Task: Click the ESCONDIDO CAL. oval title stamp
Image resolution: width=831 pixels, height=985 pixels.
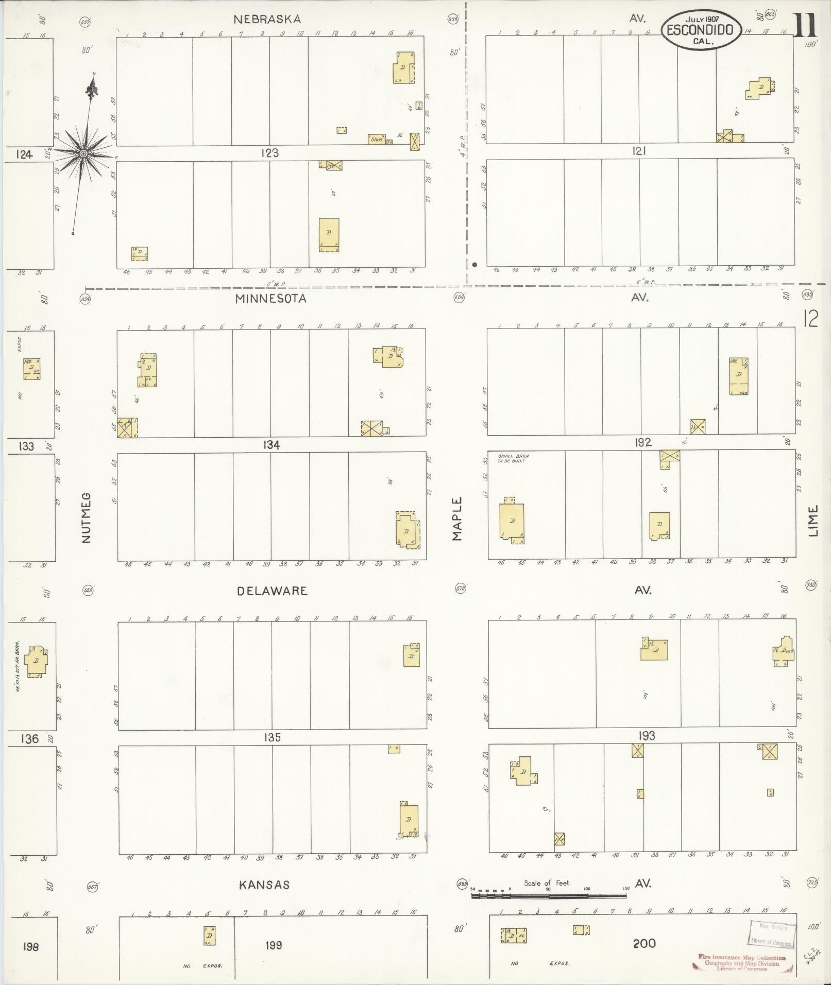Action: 701,30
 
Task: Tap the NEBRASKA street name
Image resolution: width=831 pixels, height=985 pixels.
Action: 267,20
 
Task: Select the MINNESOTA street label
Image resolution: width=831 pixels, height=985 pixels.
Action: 270,299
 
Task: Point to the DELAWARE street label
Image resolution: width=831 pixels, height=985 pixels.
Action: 272,591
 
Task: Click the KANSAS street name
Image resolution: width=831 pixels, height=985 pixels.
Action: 264,885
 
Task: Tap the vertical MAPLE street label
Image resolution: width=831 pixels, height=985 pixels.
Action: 457,519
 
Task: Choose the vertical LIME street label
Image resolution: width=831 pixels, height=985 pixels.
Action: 813,521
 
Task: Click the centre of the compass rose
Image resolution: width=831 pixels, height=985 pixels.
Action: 83,153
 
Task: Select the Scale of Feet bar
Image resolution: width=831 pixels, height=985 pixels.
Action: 549,896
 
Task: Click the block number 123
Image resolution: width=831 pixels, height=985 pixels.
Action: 269,153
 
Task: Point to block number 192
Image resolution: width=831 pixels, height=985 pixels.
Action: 643,442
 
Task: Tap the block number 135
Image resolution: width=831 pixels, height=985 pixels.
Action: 272,737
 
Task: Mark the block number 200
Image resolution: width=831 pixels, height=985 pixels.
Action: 644,943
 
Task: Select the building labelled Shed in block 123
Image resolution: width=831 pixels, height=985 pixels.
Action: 377,139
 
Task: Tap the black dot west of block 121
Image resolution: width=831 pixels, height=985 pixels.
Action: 474,265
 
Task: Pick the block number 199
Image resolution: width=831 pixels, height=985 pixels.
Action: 273,945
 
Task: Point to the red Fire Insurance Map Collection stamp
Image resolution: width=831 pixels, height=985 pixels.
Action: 742,962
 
